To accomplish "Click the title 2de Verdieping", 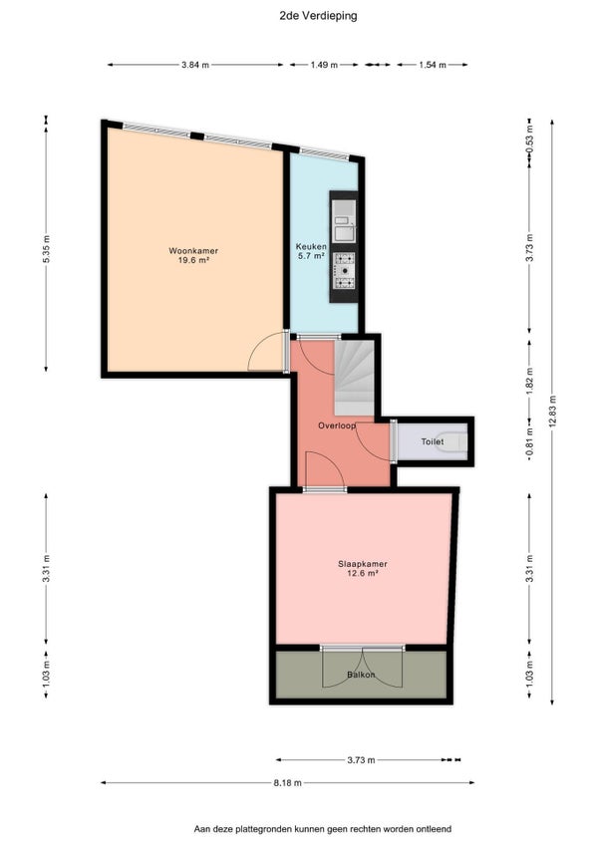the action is pos(318,16).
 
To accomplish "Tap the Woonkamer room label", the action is pos(193,250).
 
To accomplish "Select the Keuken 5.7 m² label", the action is pos(311,251).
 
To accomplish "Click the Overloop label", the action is pos(337,425).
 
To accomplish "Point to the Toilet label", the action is pos(433,441).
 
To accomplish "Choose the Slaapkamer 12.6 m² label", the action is pos(363,569).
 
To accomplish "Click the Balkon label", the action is pos(361,675).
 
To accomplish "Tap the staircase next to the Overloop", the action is pos(354,378).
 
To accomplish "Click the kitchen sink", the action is pos(344,221).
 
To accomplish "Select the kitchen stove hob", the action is pos(344,271).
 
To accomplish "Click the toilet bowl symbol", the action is pos(451,441).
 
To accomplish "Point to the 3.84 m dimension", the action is pos(195,65).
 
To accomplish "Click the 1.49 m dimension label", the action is pos(324,65).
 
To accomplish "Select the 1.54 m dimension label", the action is pos(433,65).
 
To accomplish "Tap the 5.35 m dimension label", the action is pos(46,249).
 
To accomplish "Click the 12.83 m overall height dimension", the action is pos(551,412).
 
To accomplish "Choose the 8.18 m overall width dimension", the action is pos(287,782).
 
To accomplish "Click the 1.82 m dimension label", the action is pos(529,379).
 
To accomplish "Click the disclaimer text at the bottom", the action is pos(323,829).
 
